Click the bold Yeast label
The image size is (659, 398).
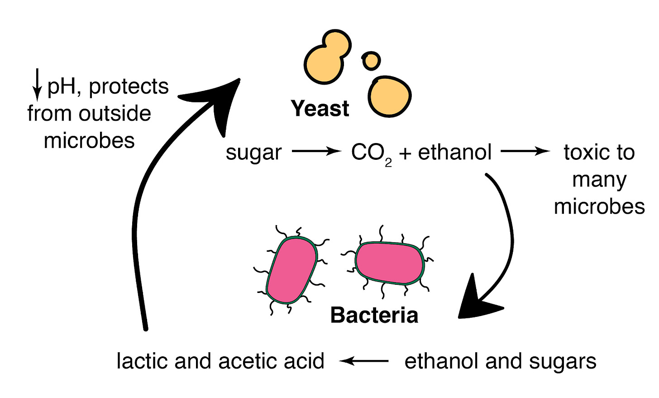(x=320, y=109)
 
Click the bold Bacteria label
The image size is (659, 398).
(x=374, y=315)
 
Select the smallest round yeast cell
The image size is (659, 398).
(x=371, y=60)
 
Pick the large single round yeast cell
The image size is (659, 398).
(x=389, y=96)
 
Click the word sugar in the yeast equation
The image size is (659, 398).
(x=253, y=153)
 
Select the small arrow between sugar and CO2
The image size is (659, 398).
(x=316, y=151)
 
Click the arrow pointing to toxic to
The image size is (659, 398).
(x=525, y=151)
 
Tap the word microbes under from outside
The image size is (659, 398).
(x=89, y=141)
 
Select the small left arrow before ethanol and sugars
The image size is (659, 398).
(x=364, y=361)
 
